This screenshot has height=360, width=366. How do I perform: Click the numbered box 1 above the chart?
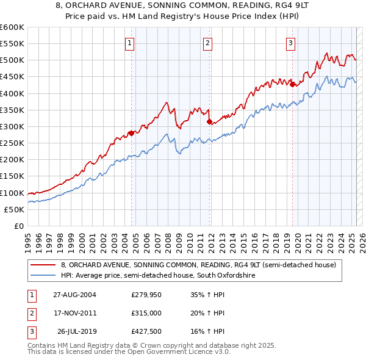131,43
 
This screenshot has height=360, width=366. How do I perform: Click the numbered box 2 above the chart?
208,43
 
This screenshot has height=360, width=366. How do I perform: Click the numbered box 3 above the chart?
291,43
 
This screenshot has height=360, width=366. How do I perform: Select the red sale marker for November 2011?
209,121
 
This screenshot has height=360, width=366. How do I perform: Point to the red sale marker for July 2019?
292,84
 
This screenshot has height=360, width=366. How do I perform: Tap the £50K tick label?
15,209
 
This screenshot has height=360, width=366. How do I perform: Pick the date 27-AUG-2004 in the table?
74,295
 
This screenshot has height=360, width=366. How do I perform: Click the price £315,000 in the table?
147,313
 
